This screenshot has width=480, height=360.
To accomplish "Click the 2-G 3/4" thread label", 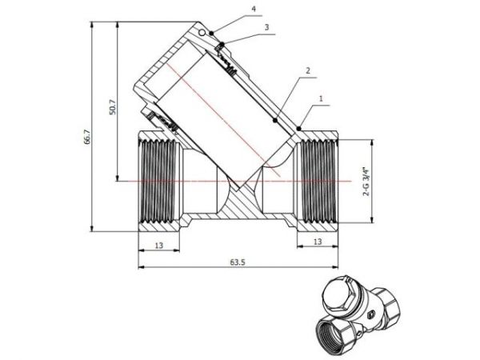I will tap(365, 182).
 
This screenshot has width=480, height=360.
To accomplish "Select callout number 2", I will tap(306, 70).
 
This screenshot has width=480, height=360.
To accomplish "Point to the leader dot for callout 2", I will tap(276, 122).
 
